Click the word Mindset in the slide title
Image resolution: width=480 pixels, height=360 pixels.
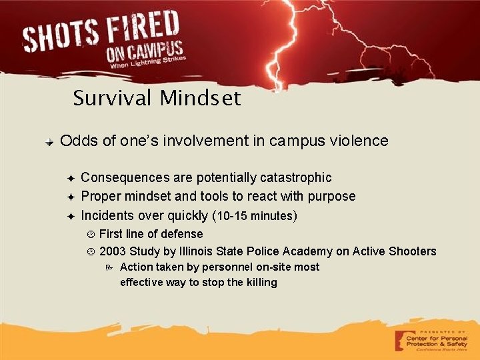point(200,99)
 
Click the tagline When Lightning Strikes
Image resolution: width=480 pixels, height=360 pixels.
point(148,64)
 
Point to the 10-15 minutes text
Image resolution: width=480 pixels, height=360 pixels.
point(255,216)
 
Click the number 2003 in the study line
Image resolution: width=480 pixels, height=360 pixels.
point(112,251)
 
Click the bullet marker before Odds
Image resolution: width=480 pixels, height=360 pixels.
point(50,141)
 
